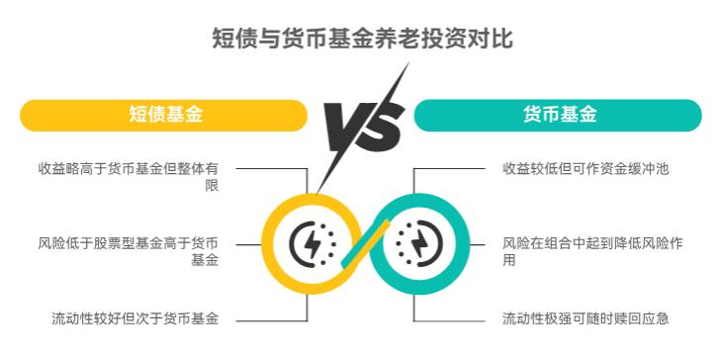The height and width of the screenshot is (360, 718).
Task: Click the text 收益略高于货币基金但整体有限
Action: (129, 177)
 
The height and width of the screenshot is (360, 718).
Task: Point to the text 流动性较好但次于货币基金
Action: (135, 318)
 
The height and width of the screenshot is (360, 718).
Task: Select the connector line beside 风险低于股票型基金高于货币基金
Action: (247, 243)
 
